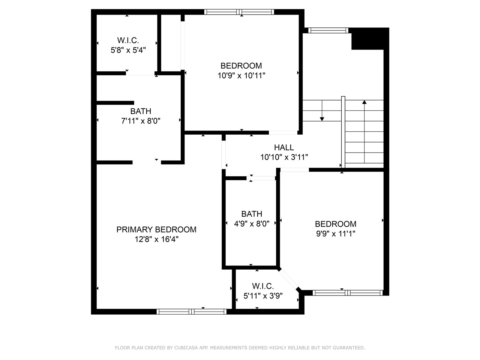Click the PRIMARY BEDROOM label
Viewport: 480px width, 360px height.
[156, 229]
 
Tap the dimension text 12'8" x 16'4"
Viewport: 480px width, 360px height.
[156, 239]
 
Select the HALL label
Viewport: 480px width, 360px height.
[284, 147]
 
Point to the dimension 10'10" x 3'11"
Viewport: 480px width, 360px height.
[284, 157]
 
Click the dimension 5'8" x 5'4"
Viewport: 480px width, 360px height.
[128, 50]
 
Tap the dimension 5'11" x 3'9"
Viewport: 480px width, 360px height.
[263, 295]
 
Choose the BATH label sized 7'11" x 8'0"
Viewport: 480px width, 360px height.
[141, 111]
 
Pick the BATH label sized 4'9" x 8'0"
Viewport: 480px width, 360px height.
[252, 214]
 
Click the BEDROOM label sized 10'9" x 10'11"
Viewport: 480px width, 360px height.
[241, 66]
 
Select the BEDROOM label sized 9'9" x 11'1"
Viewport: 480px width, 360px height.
[335, 224]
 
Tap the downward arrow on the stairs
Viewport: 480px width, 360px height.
[322, 118]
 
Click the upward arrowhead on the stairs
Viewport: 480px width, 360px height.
[364, 102]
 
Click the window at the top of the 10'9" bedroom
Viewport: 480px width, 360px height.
[239, 12]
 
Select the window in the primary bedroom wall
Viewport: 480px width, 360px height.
[192, 311]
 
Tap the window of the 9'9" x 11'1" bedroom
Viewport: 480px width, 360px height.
[348, 292]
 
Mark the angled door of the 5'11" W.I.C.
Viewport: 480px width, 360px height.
[289, 279]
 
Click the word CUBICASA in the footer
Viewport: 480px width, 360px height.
[186, 348]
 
